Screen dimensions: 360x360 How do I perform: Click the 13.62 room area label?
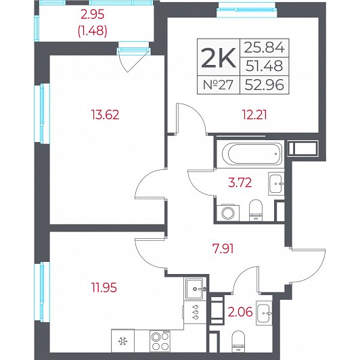coord(105,115)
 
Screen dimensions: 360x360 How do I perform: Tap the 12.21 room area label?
coord(255,115)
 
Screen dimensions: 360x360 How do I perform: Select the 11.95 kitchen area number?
coord(104,288)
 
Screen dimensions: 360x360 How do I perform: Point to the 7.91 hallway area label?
coord(223,248)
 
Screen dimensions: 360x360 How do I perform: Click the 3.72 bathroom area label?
coord(240,183)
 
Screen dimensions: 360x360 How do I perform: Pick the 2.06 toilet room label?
coord(240,312)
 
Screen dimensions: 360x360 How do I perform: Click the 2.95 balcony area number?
coord(93,15)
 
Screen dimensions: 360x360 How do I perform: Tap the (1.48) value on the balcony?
coord(93,30)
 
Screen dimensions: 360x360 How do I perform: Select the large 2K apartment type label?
coord(219,58)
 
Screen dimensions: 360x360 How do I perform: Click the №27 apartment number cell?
coord(218,85)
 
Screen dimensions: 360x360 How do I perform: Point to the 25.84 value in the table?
coord(265,48)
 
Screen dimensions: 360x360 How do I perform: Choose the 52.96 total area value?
coord(265,85)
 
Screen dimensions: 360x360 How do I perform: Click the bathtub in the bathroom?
coord(252,154)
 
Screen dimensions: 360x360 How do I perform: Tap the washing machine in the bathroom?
coord(228,213)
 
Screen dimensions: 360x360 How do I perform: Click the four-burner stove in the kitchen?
coord(160,341)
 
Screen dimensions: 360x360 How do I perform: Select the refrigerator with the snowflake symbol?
coord(122,341)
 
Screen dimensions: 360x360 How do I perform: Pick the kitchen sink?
coord(195,289)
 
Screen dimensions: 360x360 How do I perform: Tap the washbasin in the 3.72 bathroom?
coord(276,183)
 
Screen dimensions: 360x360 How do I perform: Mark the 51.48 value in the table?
coord(265,66)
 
